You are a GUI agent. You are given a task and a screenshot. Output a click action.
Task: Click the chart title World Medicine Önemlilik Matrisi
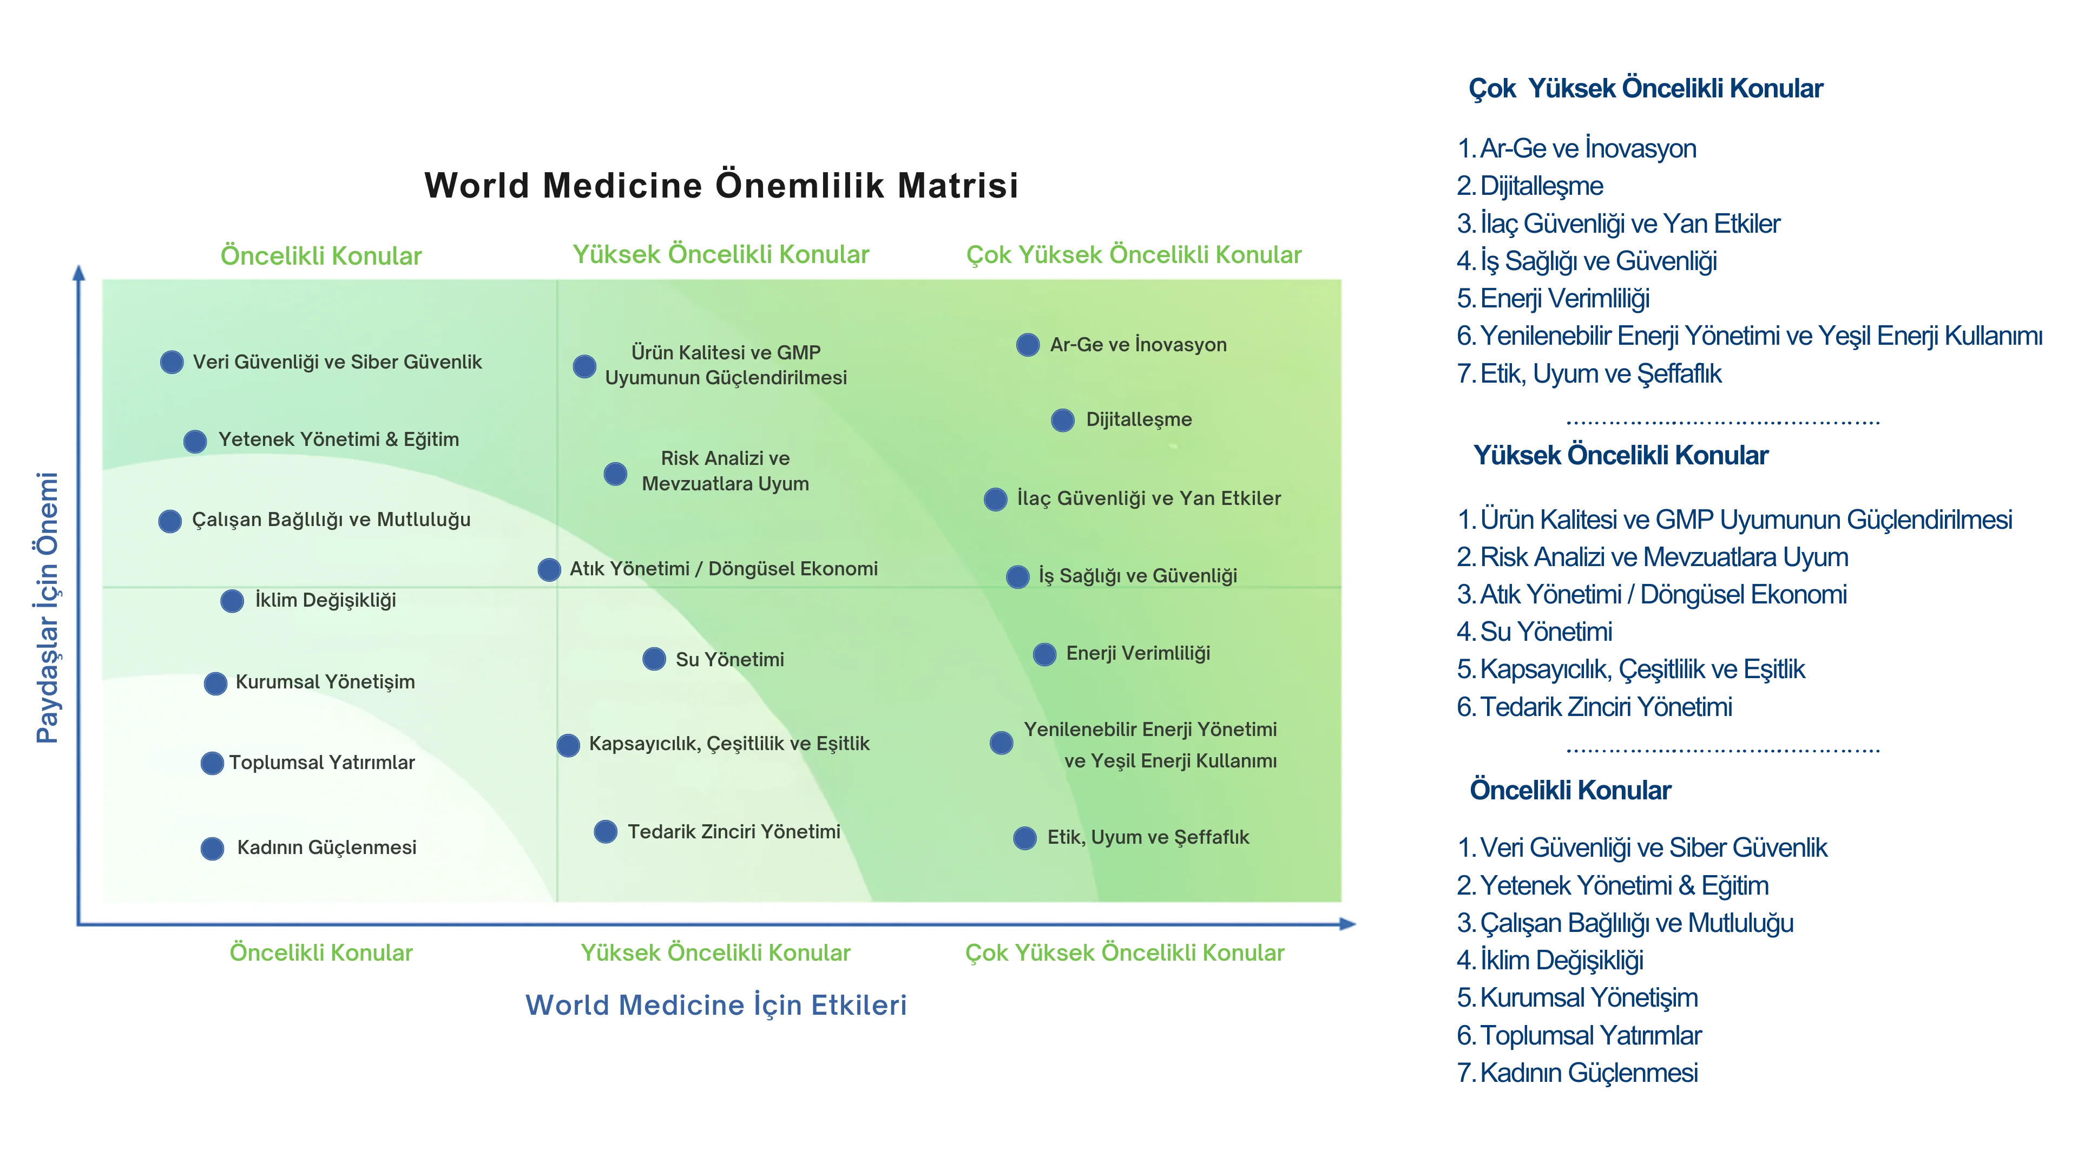click(721, 186)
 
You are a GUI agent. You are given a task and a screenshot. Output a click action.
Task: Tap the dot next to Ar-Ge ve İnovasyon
click(1028, 345)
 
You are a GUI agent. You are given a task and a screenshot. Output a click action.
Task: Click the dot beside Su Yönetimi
click(654, 659)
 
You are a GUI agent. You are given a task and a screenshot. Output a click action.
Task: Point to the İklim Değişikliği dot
click(232, 601)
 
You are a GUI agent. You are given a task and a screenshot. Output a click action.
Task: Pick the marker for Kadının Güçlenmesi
click(212, 849)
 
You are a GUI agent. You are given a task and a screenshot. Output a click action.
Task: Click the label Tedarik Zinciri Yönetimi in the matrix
click(733, 832)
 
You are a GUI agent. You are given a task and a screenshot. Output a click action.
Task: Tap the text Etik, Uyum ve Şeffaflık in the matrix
click(1148, 837)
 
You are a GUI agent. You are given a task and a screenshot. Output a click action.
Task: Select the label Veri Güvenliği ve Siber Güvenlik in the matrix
click(337, 362)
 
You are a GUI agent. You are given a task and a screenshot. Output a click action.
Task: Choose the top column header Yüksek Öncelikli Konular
click(720, 255)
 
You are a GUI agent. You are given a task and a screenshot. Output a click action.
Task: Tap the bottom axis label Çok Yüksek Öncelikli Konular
click(1125, 953)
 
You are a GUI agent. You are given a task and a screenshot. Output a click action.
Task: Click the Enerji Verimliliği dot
click(1044, 654)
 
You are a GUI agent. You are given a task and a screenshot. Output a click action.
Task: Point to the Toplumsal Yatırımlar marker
click(212, 763)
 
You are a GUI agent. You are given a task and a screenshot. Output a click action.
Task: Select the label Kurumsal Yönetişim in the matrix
click(325, 682)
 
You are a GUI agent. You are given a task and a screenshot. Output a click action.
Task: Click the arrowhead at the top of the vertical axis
click(79, 273)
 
